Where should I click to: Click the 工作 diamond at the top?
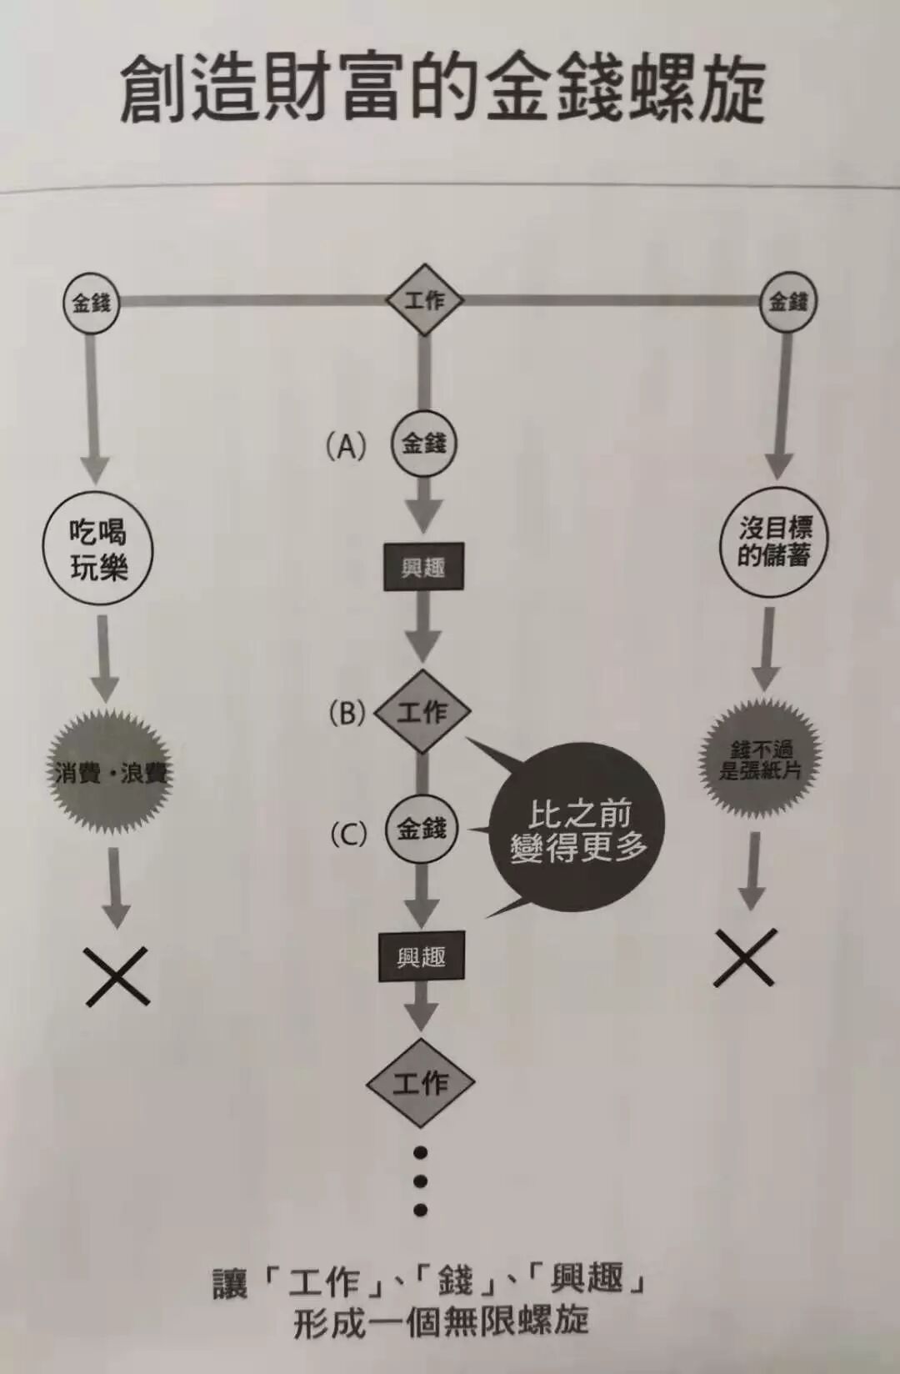[x=424, y=300]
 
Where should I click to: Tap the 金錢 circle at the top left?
[x=92, y=302]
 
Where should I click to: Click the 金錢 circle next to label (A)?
[x=424, y=444]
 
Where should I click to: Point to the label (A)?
[x=346, y=447]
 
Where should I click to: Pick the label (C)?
[x=348, y=834]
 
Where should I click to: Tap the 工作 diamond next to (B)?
[x=422, y=712]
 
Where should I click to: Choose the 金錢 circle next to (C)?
[x=422, y=830]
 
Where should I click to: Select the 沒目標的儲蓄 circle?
[x=775, y=542]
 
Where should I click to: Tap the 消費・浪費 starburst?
[x=109, y=772]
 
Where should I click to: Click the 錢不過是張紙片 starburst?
[x=759, y=759]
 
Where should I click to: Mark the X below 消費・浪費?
[x=117, y=975]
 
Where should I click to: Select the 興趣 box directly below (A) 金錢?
[x=423, y=569]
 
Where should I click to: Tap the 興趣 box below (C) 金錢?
[x=421, y=957]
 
